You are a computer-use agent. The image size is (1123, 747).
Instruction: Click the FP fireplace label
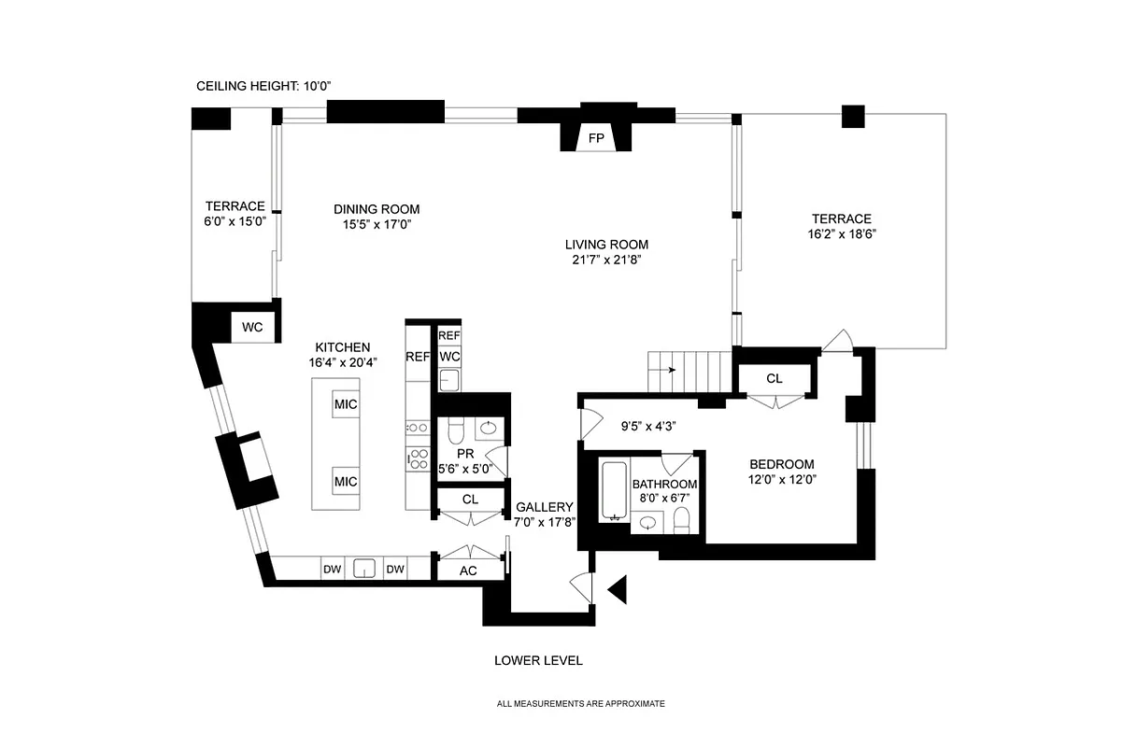click(595, 138)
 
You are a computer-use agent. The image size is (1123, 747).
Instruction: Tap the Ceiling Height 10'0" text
click(264, 86)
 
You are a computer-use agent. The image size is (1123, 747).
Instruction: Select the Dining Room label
click(377, 209)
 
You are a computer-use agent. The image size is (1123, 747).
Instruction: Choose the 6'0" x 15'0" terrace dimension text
click(235, 222)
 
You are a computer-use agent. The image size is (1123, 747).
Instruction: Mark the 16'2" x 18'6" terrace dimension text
click(841, 234)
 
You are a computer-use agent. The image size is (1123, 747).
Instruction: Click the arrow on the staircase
click(671, 370)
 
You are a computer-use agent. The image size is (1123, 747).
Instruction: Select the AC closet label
click(469, 571)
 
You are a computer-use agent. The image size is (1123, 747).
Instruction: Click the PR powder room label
click(465, 454)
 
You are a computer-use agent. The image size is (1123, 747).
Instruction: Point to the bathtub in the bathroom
click(613, 489)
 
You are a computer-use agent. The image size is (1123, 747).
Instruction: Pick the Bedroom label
click(782, 464)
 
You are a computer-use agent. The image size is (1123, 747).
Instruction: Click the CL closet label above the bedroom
click(774, 378)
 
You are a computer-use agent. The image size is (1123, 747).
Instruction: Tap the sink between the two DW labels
click(364, 569)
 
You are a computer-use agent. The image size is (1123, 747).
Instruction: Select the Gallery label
click(544, 507)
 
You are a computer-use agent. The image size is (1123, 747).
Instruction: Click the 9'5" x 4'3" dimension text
click(648, 426)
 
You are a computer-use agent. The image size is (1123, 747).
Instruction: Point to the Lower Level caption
click(538, 660)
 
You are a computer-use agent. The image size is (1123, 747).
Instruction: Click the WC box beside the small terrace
click(252, 328)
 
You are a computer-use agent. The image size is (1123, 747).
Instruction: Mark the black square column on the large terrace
click(852, 116)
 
